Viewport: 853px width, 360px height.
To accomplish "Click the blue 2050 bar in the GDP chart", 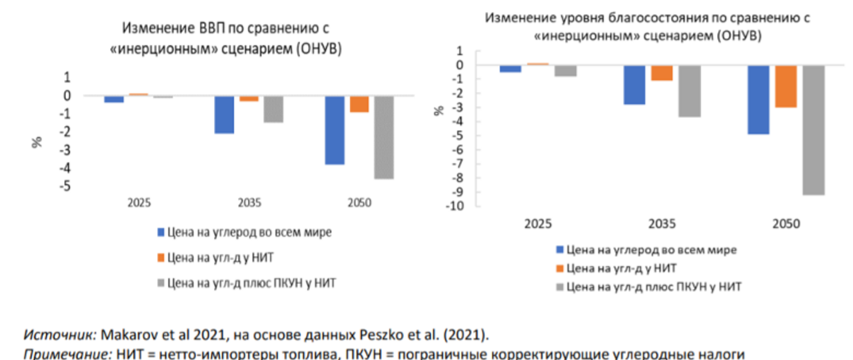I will pos(335,130).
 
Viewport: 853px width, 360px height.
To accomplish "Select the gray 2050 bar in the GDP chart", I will pos(384,137).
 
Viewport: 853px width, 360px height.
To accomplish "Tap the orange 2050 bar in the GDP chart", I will pos(359,104).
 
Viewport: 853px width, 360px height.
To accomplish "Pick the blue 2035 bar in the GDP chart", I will pos(224,115).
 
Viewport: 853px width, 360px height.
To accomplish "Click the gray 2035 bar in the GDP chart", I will pos(273,109).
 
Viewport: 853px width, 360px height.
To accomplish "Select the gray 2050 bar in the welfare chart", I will pos(813,130).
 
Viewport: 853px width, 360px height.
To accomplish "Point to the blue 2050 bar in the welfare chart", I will pos(758,99).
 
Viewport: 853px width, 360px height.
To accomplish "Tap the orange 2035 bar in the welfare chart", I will pos(662,73).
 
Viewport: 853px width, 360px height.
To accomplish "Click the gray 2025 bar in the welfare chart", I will pos(565,71).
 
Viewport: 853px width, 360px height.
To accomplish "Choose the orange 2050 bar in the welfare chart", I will pos(786,86).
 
